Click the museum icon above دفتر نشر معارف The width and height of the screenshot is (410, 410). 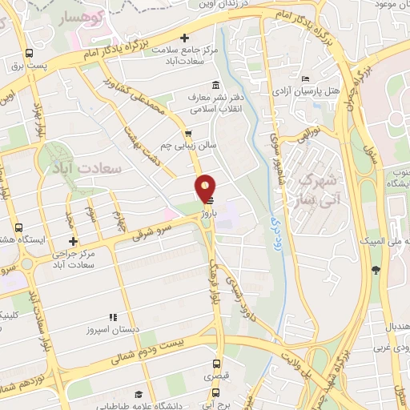click(x=214, y=85)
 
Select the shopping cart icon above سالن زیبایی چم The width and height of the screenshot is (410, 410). click(x=187, y=134)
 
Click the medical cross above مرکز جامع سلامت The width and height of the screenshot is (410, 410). click(x=185, y=38)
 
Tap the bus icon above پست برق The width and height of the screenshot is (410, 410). click(x=30, y=54)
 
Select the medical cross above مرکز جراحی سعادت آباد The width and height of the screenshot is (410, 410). click(x=73, y=241)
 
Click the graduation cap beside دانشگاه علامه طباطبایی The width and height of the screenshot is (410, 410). click(x=139, y=394)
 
